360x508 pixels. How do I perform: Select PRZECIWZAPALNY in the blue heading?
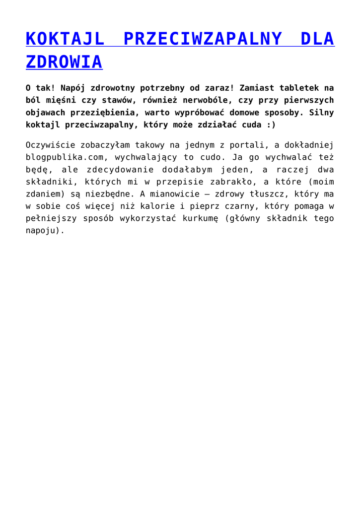coord(203,39)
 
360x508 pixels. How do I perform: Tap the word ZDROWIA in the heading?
coord(64,62)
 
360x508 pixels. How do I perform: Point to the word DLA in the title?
coord(318,39)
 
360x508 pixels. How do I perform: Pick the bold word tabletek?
coord(303,88)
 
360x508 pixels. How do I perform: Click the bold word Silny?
coord(321,113)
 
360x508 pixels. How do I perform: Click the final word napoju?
coord(43,230)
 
